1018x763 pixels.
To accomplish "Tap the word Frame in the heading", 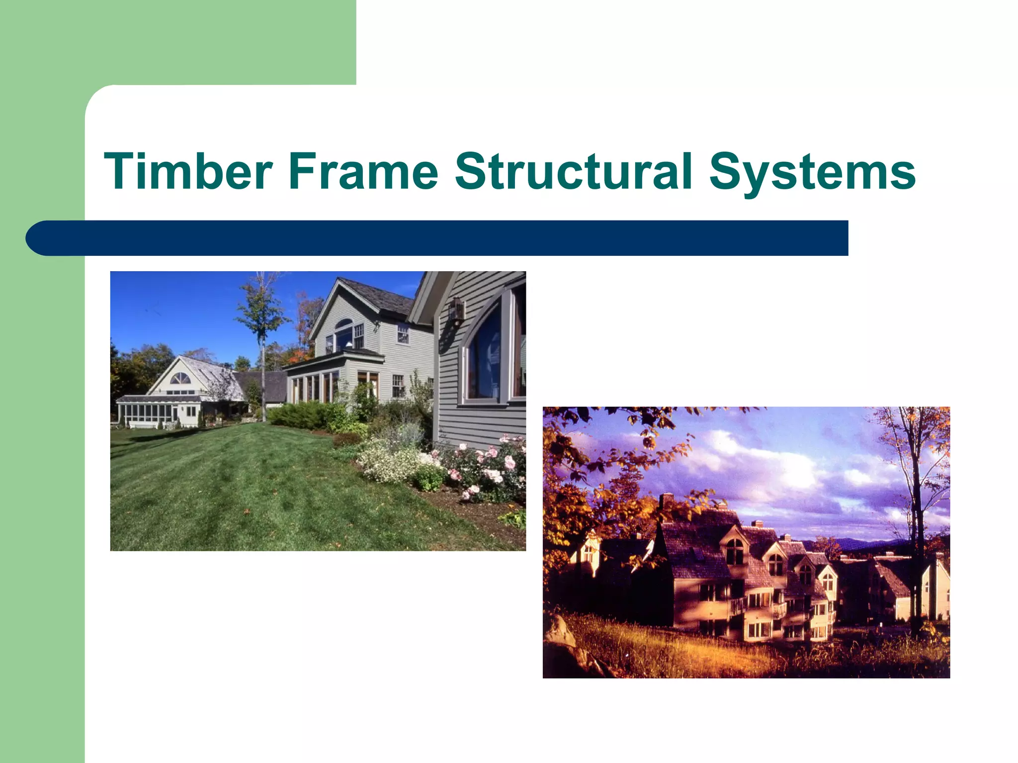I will (363, 171).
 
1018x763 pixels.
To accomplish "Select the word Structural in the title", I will (574, 171).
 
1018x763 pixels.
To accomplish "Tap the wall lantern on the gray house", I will (456, 311).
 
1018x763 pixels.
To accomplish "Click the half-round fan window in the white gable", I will (180, 379).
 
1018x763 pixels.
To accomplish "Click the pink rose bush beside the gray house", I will (490, 467).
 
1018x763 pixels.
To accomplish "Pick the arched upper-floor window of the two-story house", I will (344, 334).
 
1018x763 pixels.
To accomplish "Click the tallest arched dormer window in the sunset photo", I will (734, 551).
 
